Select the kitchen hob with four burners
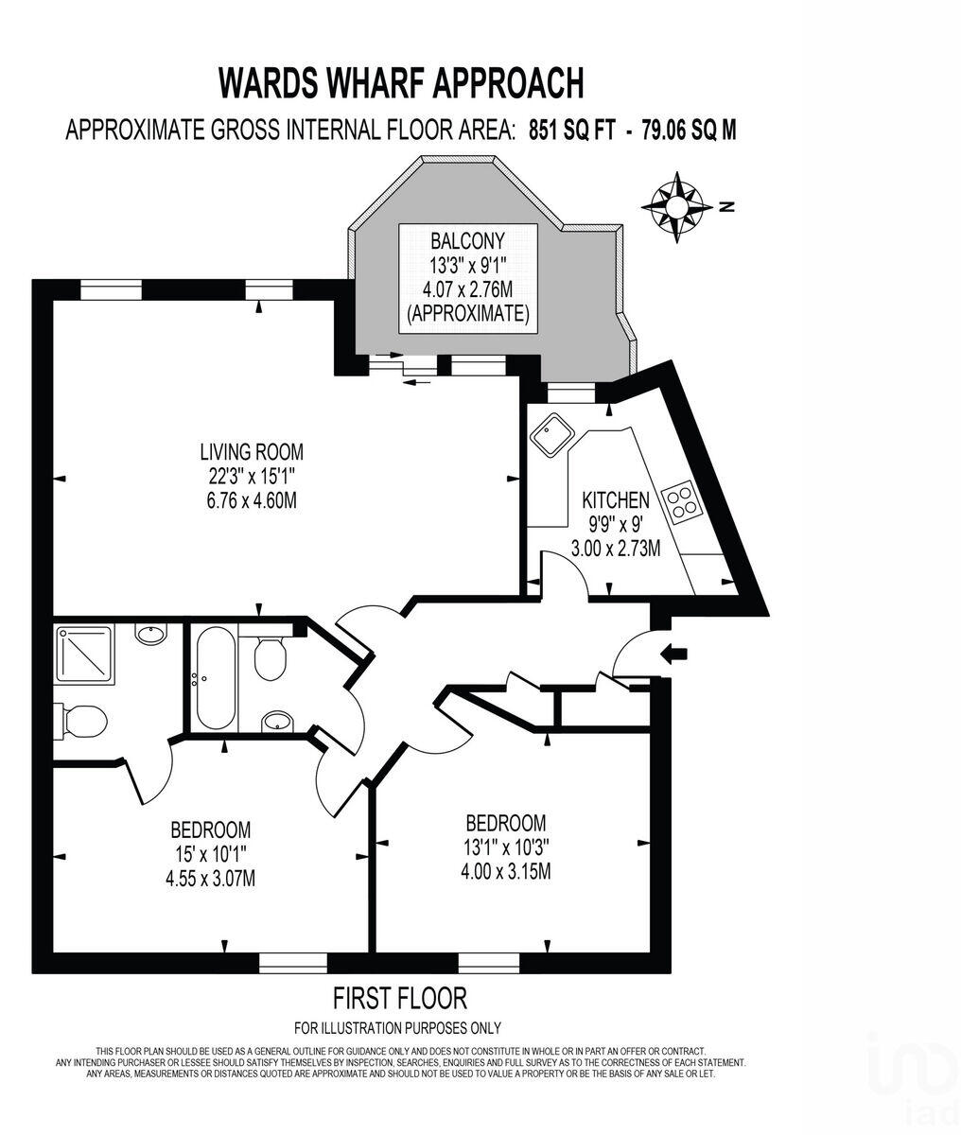point(683,500)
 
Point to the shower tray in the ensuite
point(83,654)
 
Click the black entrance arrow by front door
point(674,653)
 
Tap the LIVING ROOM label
point(252,452)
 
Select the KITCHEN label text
point(616,500)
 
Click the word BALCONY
point(467,241)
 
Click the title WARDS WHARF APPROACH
point(401,82)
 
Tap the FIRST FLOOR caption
point(400,998)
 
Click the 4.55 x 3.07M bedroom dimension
point(209,879)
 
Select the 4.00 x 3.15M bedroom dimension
point(505,871)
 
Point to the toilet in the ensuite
point(81,722)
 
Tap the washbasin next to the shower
point(150,633)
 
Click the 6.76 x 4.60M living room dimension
point(252,500)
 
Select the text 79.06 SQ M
point(689,131)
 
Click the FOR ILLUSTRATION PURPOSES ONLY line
point(397,1028)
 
